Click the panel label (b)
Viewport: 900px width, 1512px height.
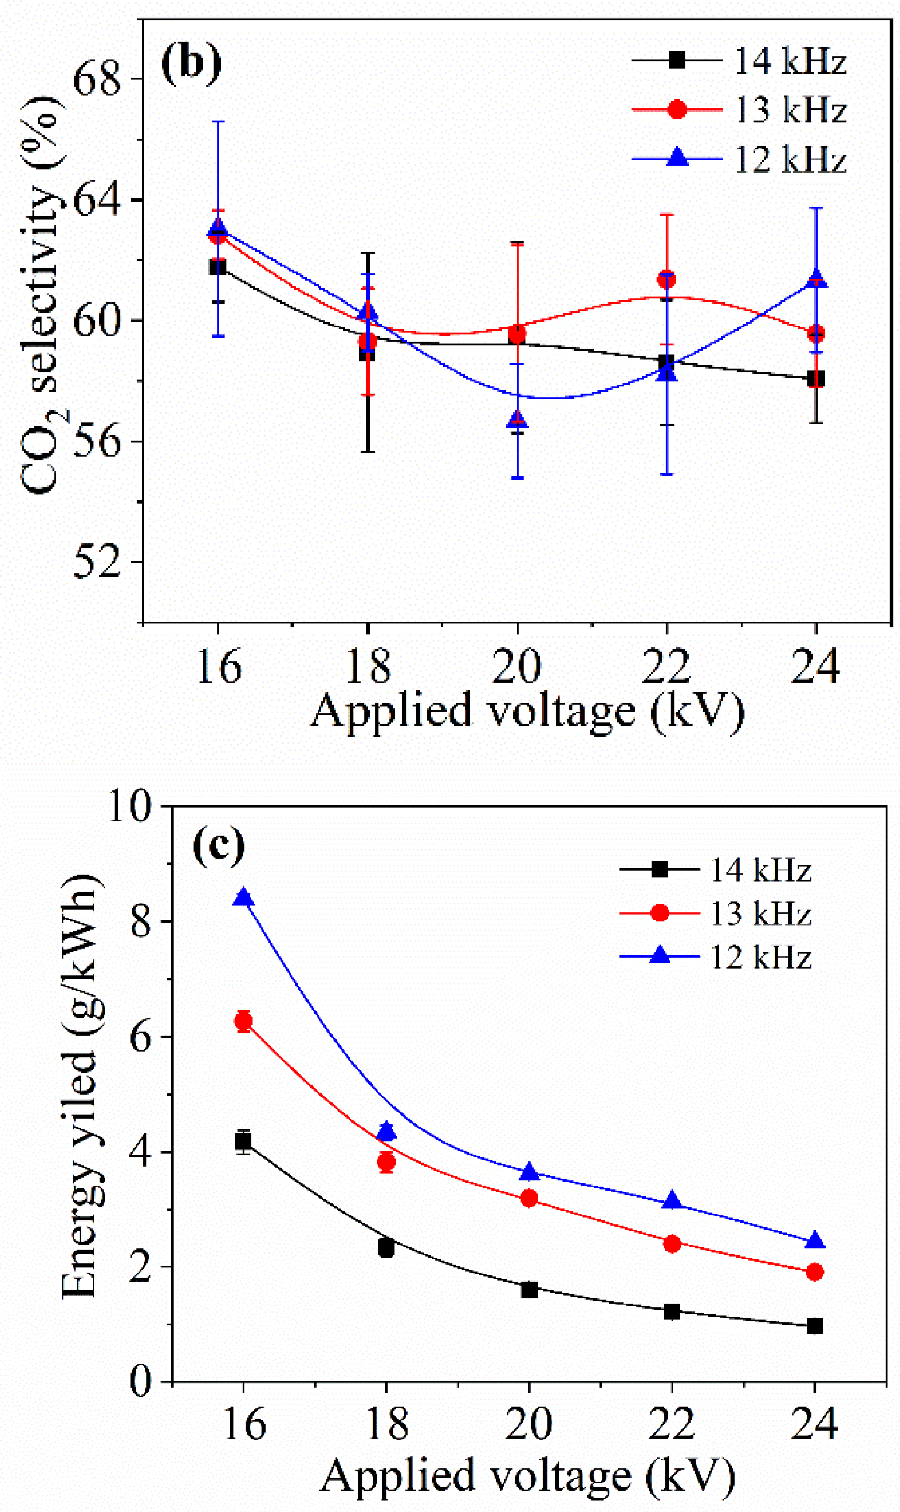(190, 62)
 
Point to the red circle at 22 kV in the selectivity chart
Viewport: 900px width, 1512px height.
(667, 280)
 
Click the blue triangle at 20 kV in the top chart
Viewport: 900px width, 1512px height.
(517, 420)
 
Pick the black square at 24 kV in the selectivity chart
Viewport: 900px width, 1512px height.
(815, 379)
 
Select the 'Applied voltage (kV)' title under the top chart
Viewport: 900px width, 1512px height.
(526, 710)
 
